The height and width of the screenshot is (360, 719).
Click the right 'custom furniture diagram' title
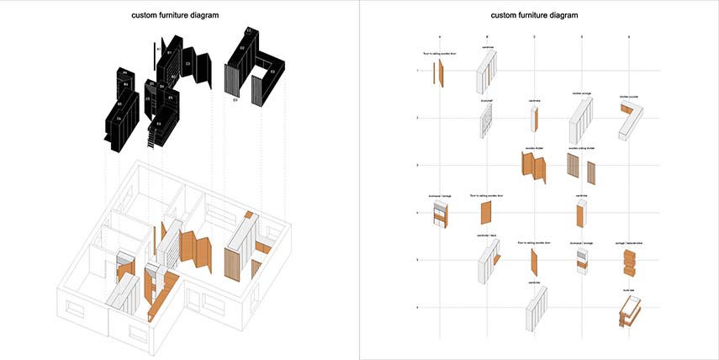[x=538, y=15]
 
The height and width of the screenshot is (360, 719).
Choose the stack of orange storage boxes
[x=628, y=262]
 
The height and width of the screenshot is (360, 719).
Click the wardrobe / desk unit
[x=487, y=262]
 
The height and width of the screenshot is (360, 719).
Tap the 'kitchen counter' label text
[x=630, y=97]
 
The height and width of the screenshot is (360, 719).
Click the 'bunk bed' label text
[x=627, y=289]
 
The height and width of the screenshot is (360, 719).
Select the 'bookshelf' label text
[x=486, y=100]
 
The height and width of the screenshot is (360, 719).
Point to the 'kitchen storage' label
[x=582, y=94]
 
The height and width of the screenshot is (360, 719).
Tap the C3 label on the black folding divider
[x=188, y=63]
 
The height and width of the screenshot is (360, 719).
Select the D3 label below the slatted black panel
[x=235, y=101]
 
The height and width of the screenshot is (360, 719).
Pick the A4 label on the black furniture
[x=124, y=71]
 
